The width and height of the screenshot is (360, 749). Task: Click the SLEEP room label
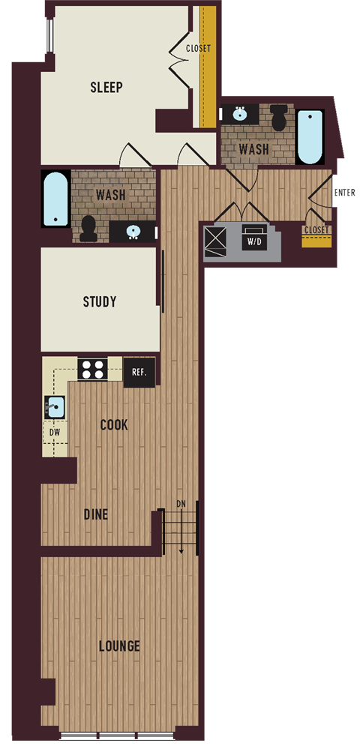point(106,87)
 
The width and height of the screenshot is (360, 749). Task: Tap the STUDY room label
point(100,302)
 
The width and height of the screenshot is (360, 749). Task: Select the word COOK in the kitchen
point(114,425)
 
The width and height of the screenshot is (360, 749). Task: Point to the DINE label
point(95,515)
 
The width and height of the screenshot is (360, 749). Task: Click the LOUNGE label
point(118,646)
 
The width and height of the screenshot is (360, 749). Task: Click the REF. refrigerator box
point(139,372)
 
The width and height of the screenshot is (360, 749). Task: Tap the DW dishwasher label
point(54,432)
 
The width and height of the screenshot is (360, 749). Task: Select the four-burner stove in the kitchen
point(94,369)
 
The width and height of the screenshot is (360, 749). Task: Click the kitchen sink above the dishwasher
point(55,408)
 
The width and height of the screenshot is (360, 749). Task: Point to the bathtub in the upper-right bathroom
point(310,136)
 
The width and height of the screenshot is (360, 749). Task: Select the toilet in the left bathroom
point(88,227)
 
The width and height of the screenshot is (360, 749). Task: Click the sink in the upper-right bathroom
point(240,115)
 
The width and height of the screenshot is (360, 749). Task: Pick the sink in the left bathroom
point(132,231)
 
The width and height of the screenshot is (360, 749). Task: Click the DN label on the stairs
point(181,503)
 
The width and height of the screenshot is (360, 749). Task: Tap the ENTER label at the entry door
point(344,193)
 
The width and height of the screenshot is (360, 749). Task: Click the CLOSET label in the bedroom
point(199,49)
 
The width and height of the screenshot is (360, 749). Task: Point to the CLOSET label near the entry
point(316,229)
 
